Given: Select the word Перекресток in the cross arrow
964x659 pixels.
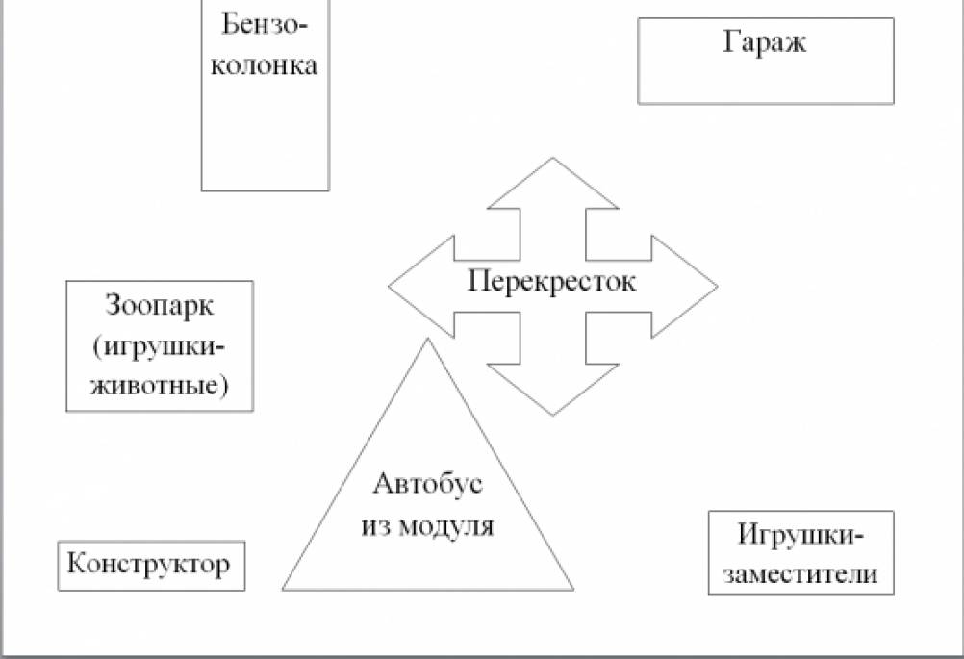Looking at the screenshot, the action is (552, 282).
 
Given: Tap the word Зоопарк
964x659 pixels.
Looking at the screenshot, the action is (160, 306).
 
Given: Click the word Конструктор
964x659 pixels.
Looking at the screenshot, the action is (149, 564).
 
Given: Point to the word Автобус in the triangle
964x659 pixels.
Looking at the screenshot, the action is (428, 484).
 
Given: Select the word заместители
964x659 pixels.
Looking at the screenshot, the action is (800, 573).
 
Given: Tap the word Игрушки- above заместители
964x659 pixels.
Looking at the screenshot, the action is (800, 535).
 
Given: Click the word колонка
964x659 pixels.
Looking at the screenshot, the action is (265, 65).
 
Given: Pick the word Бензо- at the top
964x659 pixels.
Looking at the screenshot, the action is (265, 25).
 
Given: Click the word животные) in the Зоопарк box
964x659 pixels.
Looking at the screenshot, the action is (160, 386).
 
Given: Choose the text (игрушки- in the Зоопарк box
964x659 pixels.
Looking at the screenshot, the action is (160, 347).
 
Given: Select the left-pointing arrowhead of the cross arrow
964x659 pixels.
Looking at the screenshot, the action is (421, 287).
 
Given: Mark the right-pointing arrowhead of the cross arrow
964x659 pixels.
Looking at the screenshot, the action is (684, 287).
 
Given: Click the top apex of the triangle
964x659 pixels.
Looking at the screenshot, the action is (427, 339).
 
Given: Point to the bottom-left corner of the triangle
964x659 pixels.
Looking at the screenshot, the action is (283, 590).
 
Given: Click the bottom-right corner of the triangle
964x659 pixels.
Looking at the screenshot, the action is (573, 590).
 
